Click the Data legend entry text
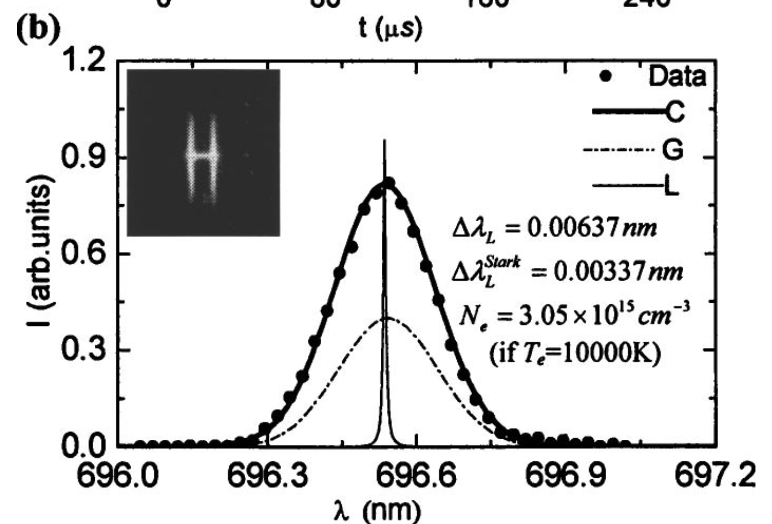coord(677,77)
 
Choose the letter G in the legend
coord(673,149)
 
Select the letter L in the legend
coord(671,187)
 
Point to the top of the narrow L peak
coord(385,142)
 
